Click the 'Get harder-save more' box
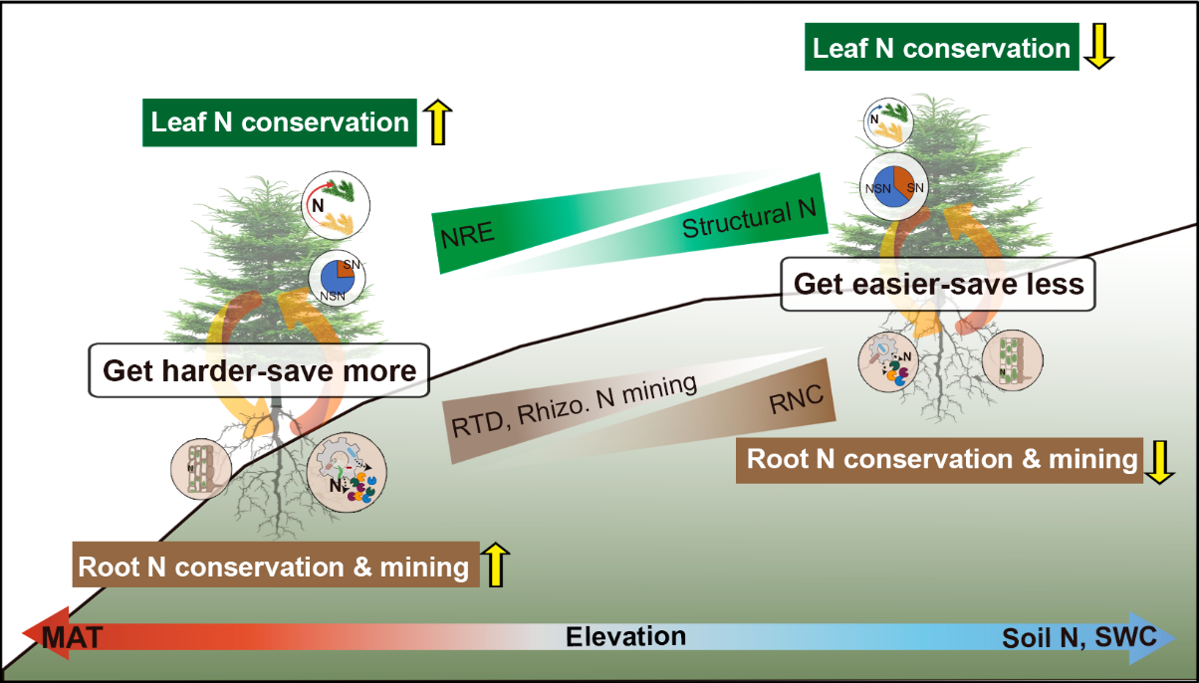pyautogui.click(x=259, y=371)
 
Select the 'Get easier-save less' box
pyautogui.click(x=937, y=284)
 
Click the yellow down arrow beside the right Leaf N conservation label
pyautogui.click(x=1098, y=48)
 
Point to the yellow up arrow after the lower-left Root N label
pyautogui.click(x=496, y=566)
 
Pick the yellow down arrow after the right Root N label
pyautogui.click(x=1156, y=460)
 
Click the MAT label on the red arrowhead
pyautogui.click(x=70, y=636)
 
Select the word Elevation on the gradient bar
pyautogui.click(x=625, y=636)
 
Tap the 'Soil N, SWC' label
pyautogui.click(x=1079, y=637)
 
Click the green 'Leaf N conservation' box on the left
pyautogui.click(x=279, y=122)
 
